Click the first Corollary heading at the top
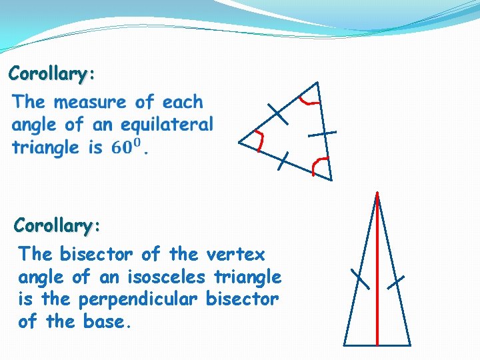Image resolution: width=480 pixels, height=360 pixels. pyautogui.click(x=51, y=73)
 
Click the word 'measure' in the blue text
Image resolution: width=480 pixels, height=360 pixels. pyautogui.click(x=90, y=103)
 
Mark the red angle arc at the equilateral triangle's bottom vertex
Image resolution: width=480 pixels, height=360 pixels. pyautogui.click(x=321, y=164)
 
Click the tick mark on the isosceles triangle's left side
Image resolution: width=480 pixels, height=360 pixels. pyautogui.click(x=360, y=279)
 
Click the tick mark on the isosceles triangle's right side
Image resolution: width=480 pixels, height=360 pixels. pyautogui.click(x=396, y=283)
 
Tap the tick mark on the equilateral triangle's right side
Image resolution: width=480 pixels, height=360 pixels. pyautogui.click(x=322, y=134)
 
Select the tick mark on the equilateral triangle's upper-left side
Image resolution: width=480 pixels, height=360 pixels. pyautogui.click(x=277, y=114)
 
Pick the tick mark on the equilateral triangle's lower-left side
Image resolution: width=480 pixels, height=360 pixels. pyautogui.click(x=285, y=161)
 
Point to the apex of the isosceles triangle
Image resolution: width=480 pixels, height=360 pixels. pyautogui.click(x=377, y=194)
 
